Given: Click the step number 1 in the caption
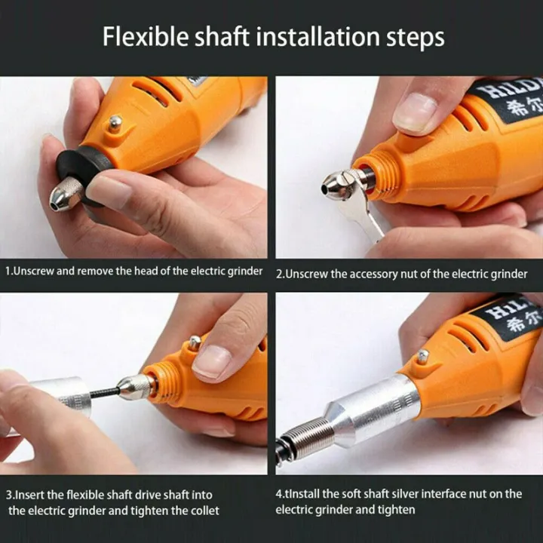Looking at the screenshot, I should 8,271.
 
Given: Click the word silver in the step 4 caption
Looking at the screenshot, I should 392,494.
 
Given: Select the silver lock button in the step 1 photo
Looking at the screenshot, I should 114,123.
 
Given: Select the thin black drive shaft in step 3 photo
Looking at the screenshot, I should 105,391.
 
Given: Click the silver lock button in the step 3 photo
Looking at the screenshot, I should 195,342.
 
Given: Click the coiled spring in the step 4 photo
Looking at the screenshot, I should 302,437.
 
